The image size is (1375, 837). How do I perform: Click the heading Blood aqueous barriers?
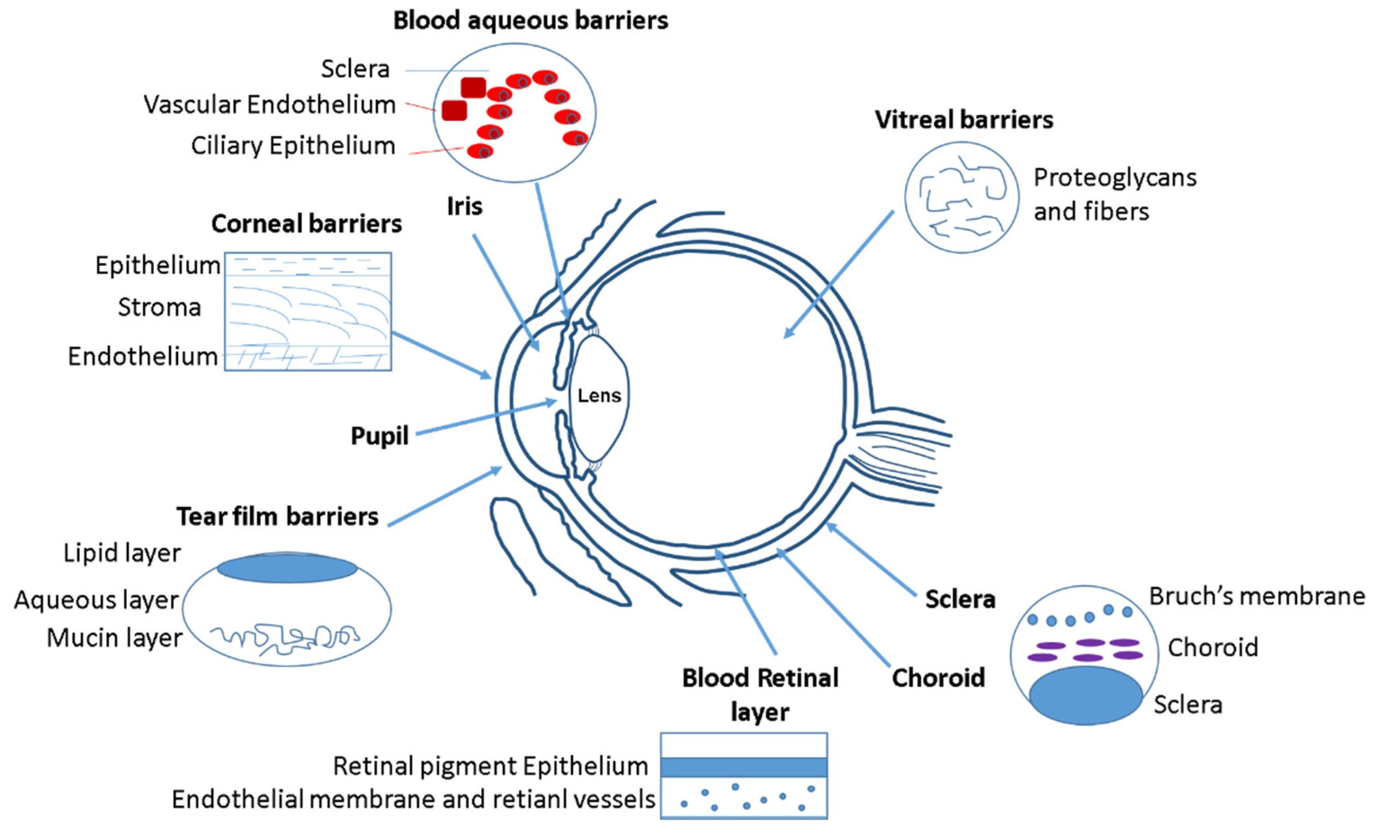(530, 21)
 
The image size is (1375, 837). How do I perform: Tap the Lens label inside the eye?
(599, 396)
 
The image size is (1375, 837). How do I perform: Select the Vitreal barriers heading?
(964, 120)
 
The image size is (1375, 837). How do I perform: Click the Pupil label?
(379, 436)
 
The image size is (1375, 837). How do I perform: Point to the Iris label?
(464, 206)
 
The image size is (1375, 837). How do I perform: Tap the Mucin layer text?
(114, 638)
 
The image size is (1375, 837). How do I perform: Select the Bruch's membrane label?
(1257, 596)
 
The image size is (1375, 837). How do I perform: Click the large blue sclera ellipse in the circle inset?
(1085, 695)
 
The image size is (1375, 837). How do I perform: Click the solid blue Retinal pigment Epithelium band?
(743, 767)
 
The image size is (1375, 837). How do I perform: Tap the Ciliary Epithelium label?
(293, 146)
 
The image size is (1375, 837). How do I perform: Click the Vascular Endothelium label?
(269, 105)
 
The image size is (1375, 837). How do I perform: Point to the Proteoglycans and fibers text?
(1114, 194)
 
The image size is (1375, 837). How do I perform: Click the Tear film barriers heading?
(277, 517)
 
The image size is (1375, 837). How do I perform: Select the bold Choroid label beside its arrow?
(938, 678)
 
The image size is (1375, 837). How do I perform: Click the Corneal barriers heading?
(306, 224)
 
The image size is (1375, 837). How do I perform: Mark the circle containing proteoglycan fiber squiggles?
(961, 197)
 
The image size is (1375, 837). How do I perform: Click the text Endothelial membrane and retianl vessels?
(413, 800)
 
